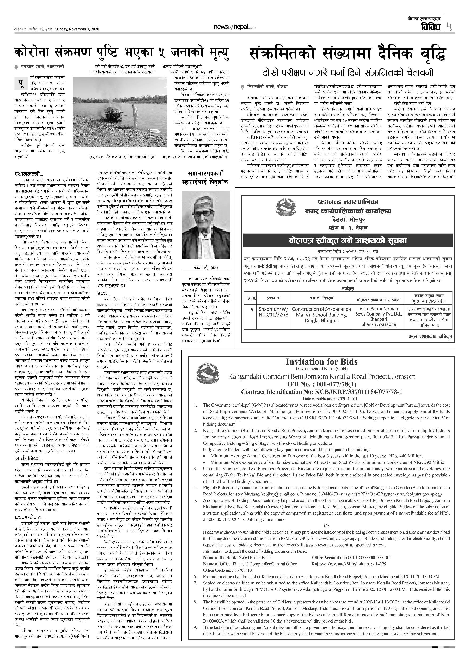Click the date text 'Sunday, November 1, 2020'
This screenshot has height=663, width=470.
click(x=77, y=29)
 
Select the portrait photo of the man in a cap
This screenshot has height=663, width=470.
click(x=206, y=225)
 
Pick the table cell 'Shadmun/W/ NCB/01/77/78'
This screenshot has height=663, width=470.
click(x=273, y=312)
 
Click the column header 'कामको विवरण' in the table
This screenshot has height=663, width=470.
click(x=321, y=298)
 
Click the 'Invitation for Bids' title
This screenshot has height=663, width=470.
click(x=321, y=362)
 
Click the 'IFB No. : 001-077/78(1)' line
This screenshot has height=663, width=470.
click(x=321, y=384)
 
